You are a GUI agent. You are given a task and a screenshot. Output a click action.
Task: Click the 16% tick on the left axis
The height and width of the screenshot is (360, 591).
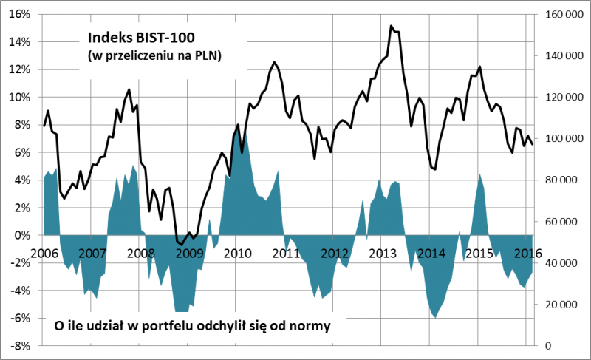click(20, 14)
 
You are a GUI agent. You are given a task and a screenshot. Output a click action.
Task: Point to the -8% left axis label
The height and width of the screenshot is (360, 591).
click(20, 346)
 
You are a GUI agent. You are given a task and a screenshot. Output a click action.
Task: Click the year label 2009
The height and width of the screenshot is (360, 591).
click(189, 252)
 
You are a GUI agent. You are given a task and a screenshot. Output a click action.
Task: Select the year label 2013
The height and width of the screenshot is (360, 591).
click(383, 252)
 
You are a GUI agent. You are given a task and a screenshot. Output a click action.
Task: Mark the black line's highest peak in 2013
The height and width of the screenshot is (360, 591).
click(391, 26)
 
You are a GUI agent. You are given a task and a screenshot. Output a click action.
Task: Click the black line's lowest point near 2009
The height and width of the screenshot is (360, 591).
click(180, 244)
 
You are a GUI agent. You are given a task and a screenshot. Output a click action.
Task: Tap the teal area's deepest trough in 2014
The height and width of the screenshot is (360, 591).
click(435, 318)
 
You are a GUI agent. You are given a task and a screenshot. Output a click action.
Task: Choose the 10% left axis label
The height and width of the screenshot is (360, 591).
click(20, 97)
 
